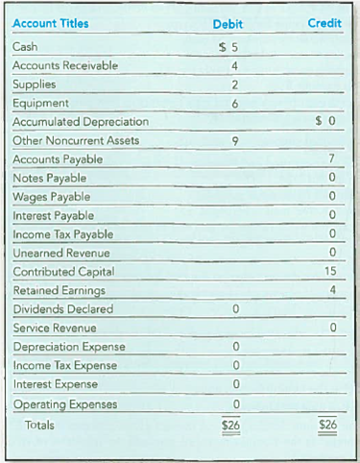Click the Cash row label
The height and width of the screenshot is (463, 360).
click(x=27, y=47)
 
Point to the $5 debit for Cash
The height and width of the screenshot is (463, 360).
click(x=228, y=47)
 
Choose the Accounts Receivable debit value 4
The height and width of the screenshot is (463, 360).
click(x=233, y=65)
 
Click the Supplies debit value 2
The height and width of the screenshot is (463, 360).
click(x=233, y=85)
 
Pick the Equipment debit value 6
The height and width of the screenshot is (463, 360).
click(x=233, y=103)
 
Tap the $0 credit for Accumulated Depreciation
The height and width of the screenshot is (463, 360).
click(x=325, y=122)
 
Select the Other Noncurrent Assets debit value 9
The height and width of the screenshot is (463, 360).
click(x=233, y=140)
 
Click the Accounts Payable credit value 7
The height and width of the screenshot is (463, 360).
click(x=331, y=159)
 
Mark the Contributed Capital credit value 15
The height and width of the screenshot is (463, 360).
click(x=329, y=272)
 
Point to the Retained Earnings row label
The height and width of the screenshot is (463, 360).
click(x=59, y=290)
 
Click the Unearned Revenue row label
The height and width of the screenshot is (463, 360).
click(x=57, y=253)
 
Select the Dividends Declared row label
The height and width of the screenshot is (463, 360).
click(x=61, y=309)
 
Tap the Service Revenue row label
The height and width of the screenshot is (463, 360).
click(x=54, y=328)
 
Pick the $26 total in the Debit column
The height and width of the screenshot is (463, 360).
click(x=229, y=424)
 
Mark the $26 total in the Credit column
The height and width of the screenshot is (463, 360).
click(x=327, y=424)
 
